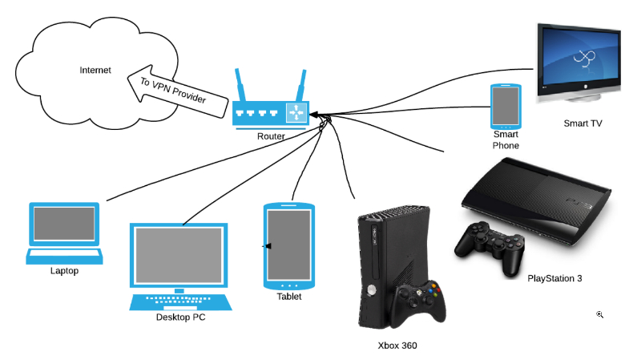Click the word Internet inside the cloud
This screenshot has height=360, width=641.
[95, 71]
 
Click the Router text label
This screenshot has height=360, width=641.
[272, 136]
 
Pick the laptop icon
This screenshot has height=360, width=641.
[64, 233]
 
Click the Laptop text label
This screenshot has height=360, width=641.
[64, 271]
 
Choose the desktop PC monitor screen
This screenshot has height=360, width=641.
[179, 255]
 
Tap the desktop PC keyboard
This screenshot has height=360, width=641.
[181, 301]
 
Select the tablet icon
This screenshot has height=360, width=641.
[288, 246]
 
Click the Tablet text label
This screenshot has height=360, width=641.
[289, 296]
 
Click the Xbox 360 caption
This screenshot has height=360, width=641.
[397, 346]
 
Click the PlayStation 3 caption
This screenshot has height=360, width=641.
[554, 278]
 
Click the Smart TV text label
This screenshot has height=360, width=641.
[583, 123]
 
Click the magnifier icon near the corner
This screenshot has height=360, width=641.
[599, 315]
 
